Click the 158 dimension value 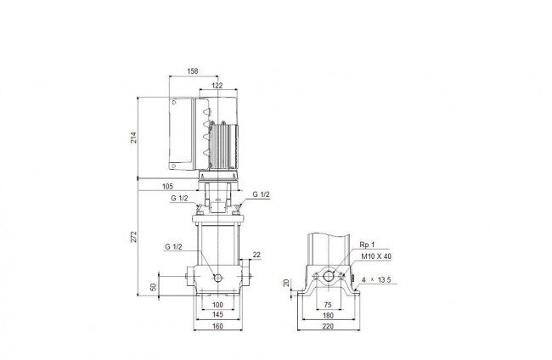192,71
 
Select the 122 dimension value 217,86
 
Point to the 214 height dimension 133,138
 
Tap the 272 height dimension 133,237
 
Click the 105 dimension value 167,187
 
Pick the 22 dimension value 256,255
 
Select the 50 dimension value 154,287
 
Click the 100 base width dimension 218,305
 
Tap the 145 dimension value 218,314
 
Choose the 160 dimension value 218,326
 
